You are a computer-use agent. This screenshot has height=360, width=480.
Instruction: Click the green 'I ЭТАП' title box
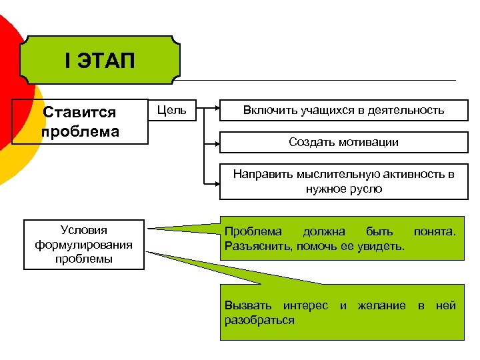100,61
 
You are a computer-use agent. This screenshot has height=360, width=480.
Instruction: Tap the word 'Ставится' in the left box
79,113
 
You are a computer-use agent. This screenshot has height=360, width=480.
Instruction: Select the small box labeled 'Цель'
171,110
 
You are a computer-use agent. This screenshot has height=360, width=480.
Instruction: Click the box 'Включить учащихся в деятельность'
343,110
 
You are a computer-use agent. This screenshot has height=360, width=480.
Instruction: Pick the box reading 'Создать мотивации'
343,141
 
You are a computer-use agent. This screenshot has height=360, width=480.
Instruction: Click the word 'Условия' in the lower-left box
83,230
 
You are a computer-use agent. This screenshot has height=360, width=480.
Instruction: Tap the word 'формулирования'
83,244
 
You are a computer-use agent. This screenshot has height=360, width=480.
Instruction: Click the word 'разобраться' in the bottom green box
259,320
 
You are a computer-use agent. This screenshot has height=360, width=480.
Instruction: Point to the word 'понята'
434,232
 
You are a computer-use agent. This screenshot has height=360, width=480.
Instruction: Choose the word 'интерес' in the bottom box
305,306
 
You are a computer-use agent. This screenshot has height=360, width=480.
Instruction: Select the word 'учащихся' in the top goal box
315,110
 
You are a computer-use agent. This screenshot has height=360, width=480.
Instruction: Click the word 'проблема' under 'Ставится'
81,130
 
